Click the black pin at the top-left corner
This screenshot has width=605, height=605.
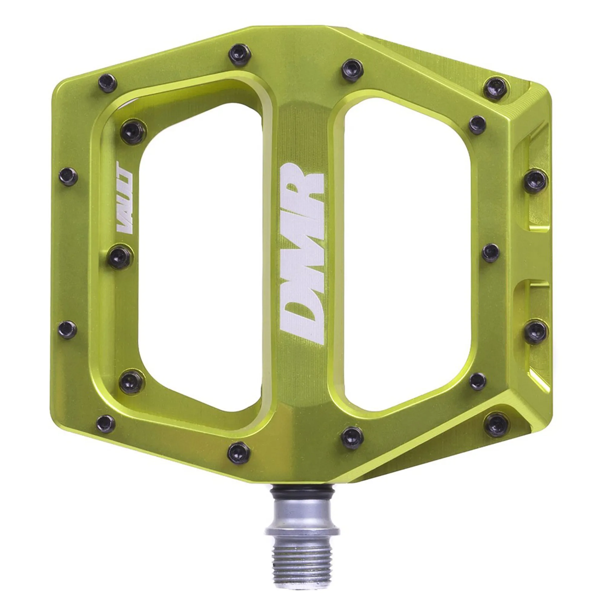tap(107, 83)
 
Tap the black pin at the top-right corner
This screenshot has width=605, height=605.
tap(495, 88)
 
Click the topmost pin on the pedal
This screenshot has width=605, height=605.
tap(240, 55)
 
